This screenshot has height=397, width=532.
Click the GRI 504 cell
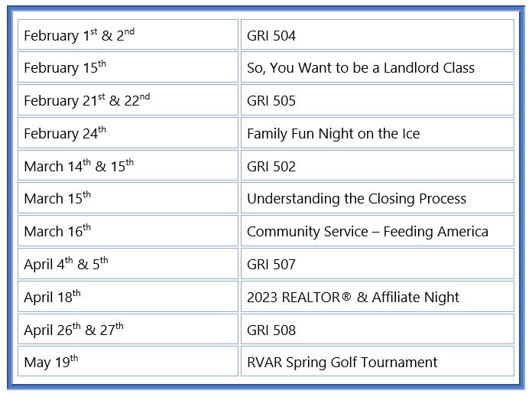[x=378, y=34]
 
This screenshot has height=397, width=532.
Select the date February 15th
[x=65, y=67]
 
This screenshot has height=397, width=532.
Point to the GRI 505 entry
[x=378, y=100]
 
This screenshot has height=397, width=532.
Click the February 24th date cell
[x=128, y=133]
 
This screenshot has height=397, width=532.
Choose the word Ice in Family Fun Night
[x=411, y=133]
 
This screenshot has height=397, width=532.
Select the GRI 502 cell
[x=378, y=165]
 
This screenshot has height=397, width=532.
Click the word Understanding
[x=294, y=199]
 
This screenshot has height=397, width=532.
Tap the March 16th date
[x=57, y=231]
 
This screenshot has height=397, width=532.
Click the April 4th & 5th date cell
[x=128, y=264]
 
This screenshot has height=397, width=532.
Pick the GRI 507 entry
[x=378, y=264]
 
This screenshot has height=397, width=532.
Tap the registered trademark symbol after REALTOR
[x=346, y=297]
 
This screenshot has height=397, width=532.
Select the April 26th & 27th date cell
[x=128, y=329]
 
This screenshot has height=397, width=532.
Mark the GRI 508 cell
[x=378, y=329]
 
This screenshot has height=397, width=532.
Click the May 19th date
[x=51, y=362]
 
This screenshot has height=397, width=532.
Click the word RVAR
[x=264, y=363]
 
